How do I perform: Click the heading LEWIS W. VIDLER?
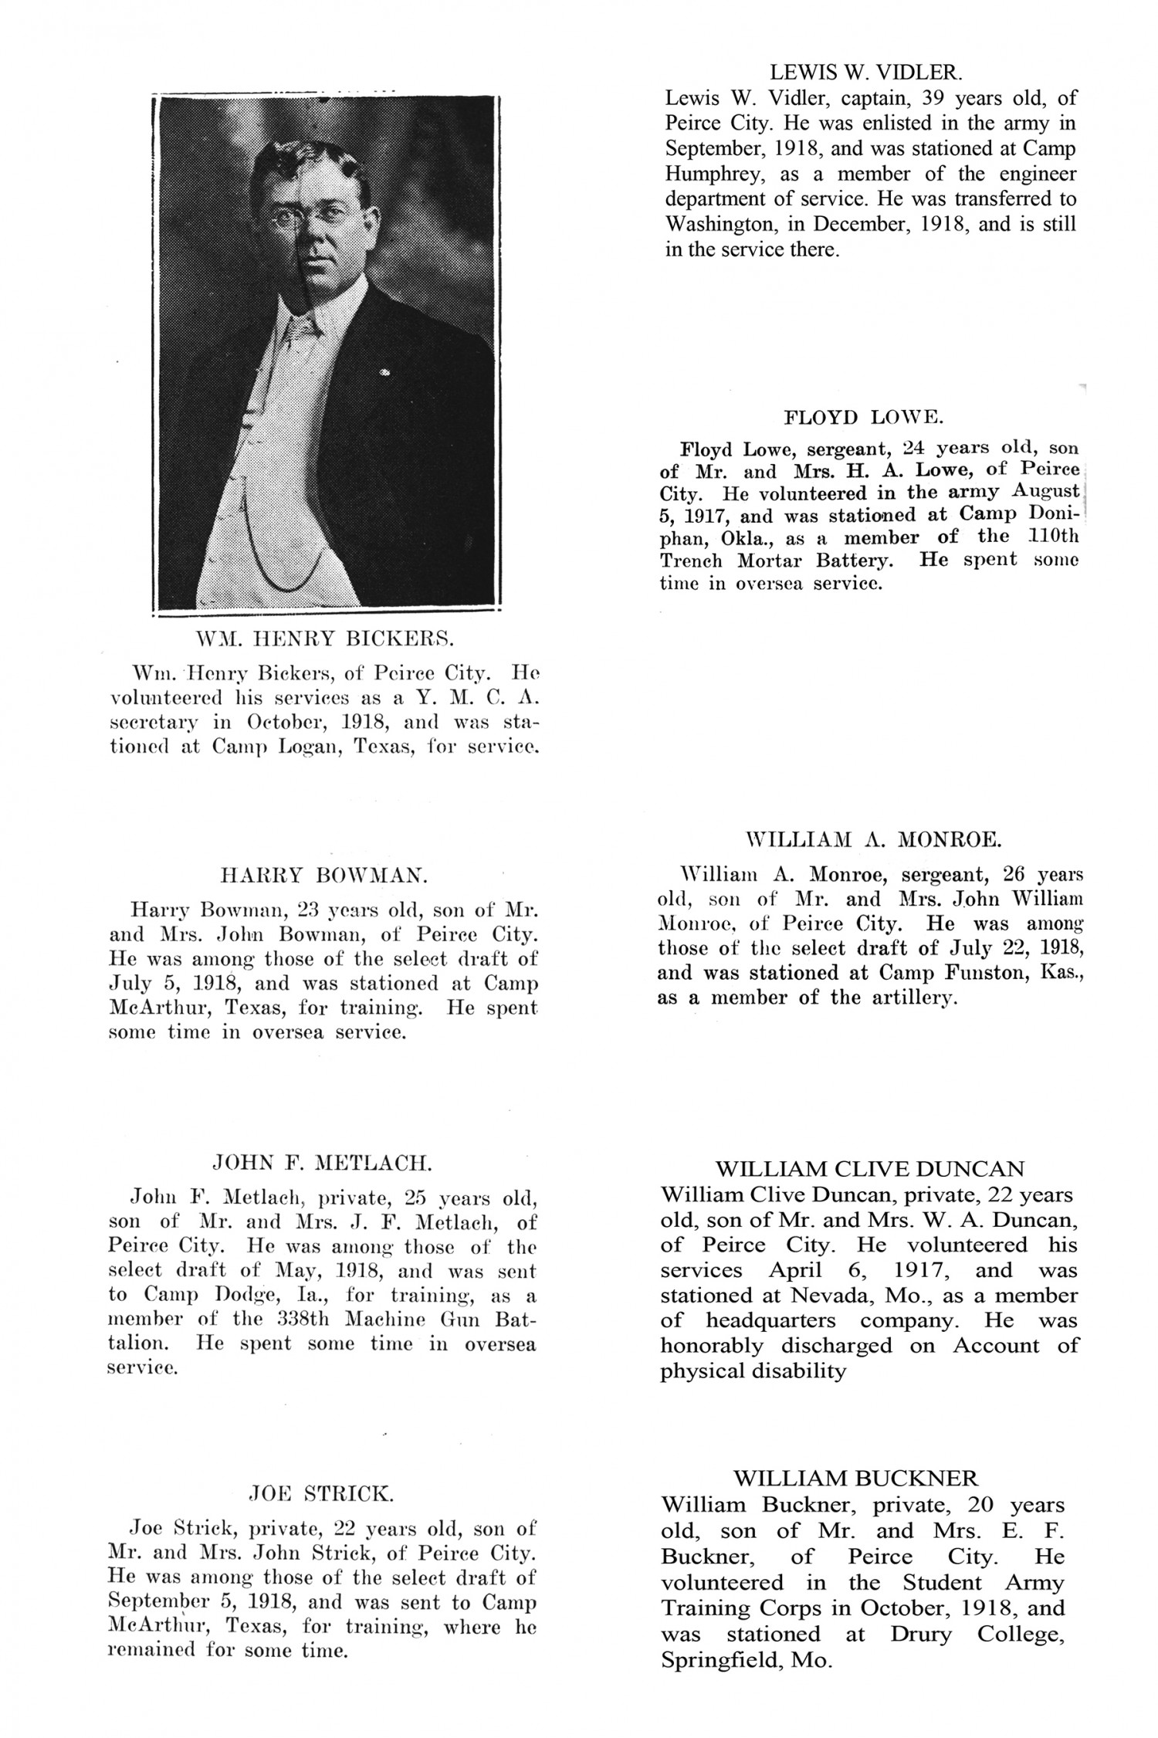pyautogui.click(x=866, y=73)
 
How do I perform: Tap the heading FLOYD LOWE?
pyautogui.click(x=863, y=418)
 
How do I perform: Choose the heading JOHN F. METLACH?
pyautogui.click(x=323, y=1162)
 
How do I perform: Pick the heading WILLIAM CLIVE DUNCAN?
pyautogui.click(x=870, y=1168)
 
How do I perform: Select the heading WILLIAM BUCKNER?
pyautogui.click(x=855, y=1478)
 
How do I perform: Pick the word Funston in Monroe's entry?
pyautogui.click(x=980, y=973)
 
